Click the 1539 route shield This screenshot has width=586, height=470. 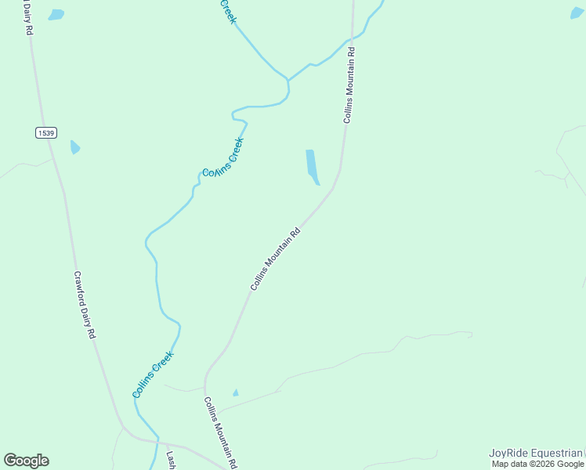(46, 133)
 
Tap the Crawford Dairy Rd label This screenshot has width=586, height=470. (85, 305)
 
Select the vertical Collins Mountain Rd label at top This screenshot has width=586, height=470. (350, 85)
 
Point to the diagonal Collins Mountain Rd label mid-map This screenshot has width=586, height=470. (276, 259)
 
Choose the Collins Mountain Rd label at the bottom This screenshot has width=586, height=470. (221, 432)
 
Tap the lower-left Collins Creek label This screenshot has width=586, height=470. (153, 374)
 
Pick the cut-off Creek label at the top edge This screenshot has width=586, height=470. (227, 10)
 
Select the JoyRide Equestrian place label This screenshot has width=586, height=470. (536, 453)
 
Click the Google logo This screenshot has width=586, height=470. (26, 461)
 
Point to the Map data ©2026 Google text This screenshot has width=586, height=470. (538, 464)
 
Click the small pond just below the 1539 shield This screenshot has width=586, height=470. (74, 146)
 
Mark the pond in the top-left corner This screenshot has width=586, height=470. (56, 14)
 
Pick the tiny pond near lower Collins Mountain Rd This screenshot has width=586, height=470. (235, 392)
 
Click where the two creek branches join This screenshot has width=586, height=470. (288, 80)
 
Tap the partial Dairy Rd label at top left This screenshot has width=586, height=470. (29, 16)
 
